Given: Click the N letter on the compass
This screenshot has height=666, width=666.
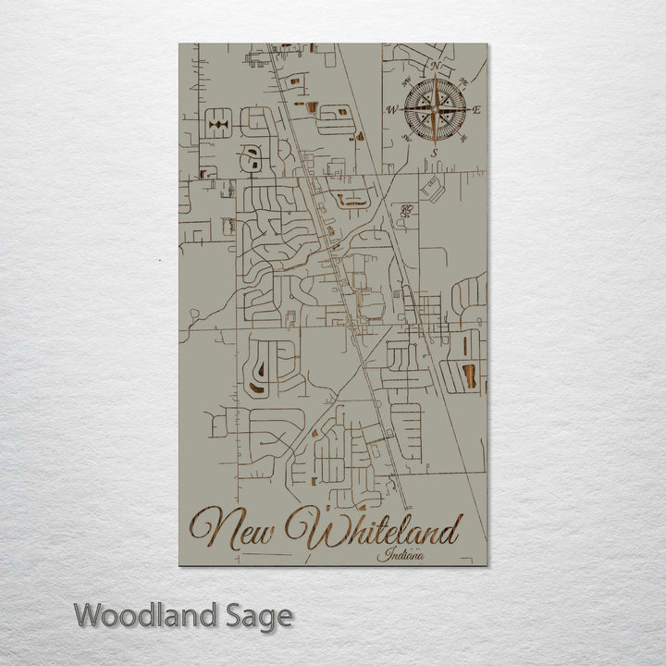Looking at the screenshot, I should point(435,67).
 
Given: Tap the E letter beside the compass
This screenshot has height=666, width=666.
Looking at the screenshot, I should point(477,110).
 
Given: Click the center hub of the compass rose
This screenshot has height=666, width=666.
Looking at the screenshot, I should point(434,110).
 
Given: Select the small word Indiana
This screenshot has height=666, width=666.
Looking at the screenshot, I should point(395,555).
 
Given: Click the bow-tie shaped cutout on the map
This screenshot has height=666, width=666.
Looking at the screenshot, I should point(218,123).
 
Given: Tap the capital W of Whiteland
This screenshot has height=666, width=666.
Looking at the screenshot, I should point(310,528).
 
